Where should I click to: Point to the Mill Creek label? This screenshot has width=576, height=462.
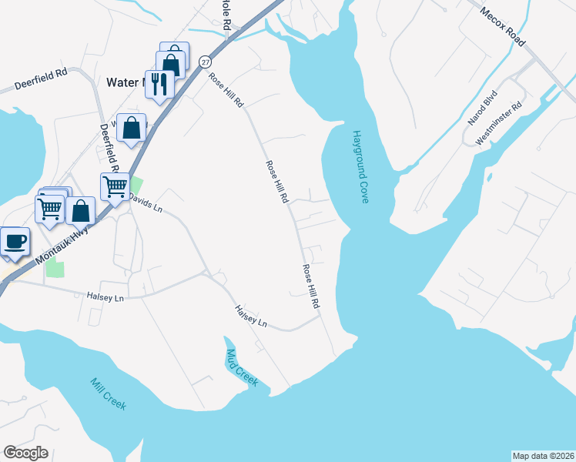[107, 393]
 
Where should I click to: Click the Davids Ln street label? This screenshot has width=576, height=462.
[146, 203]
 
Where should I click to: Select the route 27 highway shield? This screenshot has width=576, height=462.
[204, 61]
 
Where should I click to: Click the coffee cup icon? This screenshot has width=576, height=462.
[15, 242]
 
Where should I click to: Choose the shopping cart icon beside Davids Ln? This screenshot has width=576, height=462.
[115, 186]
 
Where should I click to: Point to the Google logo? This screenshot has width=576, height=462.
[25, 453]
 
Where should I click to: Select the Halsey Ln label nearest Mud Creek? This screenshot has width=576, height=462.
[251, 316]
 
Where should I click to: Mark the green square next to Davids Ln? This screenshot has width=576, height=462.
[136, 186]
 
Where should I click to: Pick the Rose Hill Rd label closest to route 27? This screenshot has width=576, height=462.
[225, 89]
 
